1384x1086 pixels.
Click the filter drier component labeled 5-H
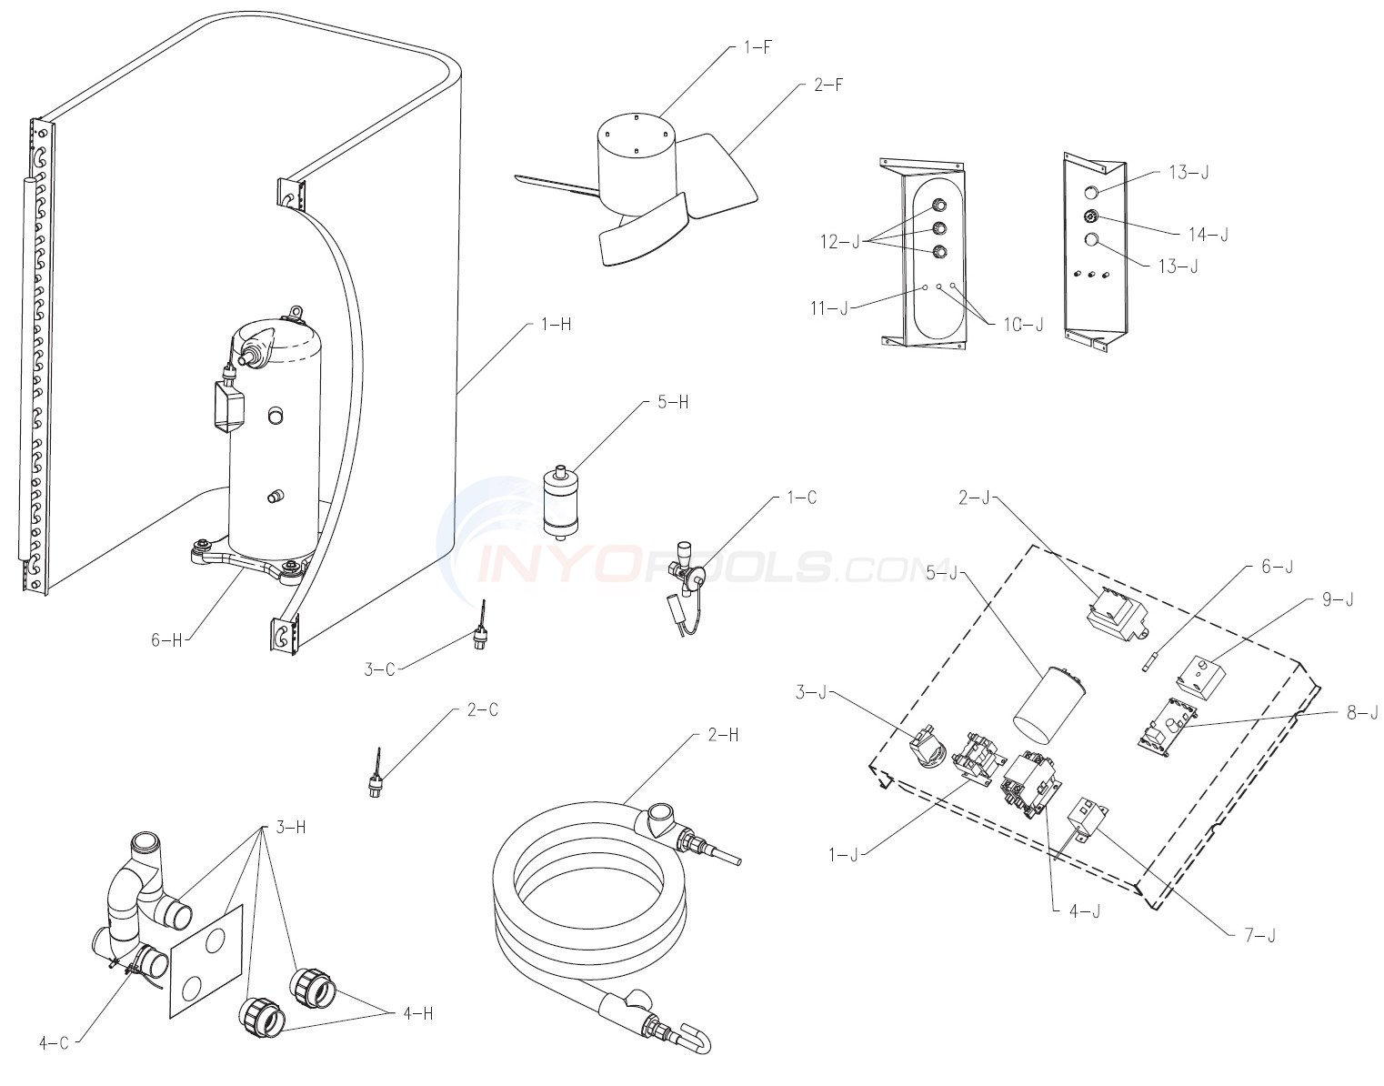click(x=557, y=501)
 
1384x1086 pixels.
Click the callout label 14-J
click(x=1208, y=235)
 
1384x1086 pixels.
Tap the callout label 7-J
click(x=1259, y=936)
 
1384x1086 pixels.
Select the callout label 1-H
click(x=556, y=325)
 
